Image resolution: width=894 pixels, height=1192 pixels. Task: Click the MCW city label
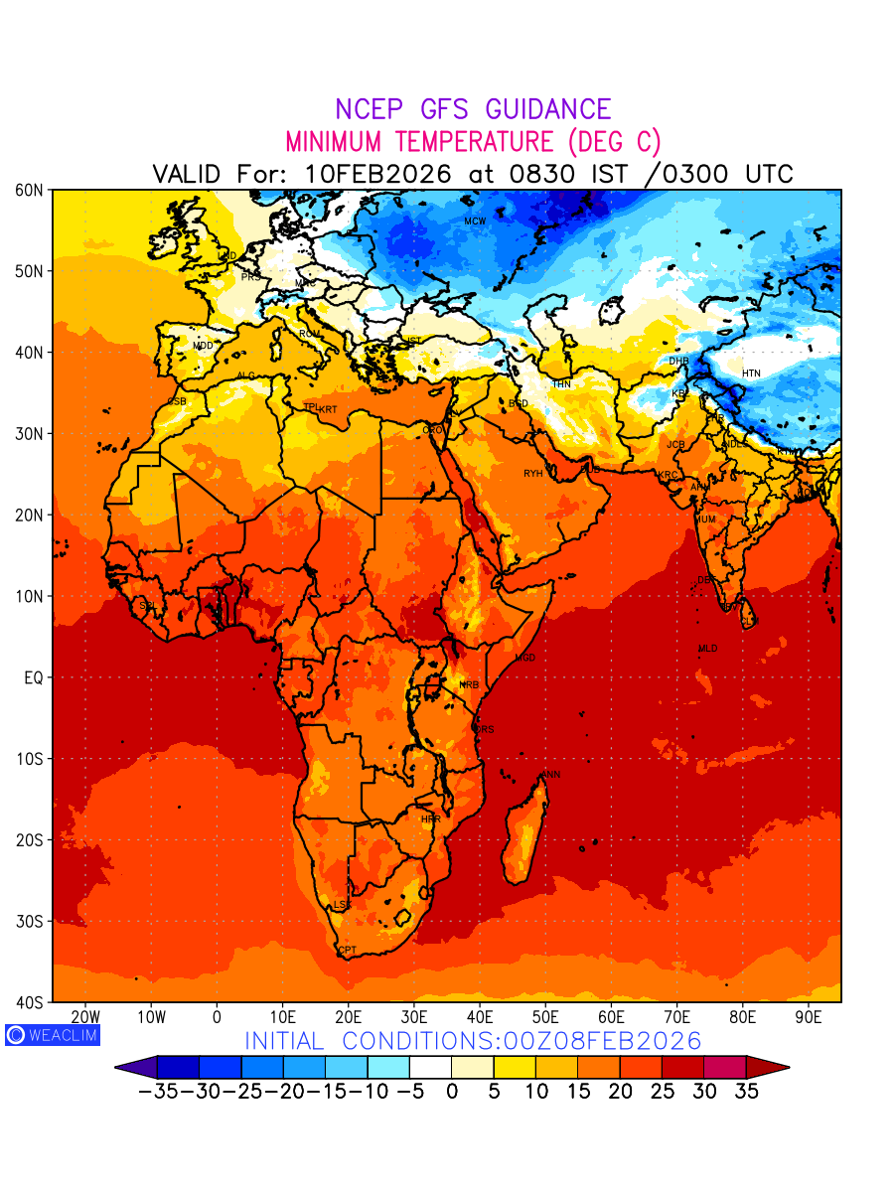point(475,221)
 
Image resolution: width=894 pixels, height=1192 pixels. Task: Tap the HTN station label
point(751,373)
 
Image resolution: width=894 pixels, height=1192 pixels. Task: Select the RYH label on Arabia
point(533,474)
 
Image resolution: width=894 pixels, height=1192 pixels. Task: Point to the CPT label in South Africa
point(348,951)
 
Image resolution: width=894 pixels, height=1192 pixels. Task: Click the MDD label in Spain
point(203,346)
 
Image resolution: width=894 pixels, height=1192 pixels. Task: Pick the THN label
point(561,383)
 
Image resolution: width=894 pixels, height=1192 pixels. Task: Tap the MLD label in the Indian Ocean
point(707,649)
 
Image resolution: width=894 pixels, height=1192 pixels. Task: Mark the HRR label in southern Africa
point(430,819)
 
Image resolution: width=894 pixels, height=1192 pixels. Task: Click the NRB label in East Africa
point(469,685)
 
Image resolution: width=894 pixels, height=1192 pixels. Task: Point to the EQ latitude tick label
point(32,677)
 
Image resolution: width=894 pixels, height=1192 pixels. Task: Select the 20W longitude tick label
point(85,1017)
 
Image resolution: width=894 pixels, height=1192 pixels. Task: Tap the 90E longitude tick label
point(809,1017)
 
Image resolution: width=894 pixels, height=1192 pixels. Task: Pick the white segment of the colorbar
point(430,1067)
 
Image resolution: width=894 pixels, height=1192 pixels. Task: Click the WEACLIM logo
point(52,1034)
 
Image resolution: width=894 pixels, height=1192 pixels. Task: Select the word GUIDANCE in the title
point(541,110)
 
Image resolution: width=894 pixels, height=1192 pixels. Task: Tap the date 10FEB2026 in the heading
point(377,174)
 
